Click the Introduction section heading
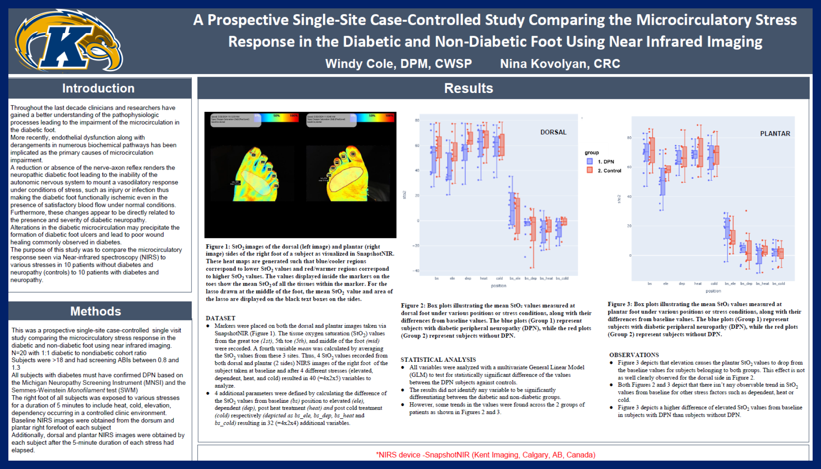click(98, 88)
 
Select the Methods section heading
click(96, 311)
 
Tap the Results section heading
click(468, 88)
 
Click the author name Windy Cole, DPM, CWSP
click(398, 64)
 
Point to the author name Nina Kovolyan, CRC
click(560, 64)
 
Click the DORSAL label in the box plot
click(553, 132)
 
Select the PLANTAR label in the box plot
click(775, 134)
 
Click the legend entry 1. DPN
click(605, 162)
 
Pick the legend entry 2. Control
click(609, 170)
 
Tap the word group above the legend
click(591, 153)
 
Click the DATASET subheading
click(220, 318)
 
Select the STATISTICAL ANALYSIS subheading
click(438, 360)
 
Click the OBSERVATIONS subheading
click(634, 355)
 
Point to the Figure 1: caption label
click(218, 247)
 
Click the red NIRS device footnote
click(485, 455)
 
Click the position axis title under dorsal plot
click(498, 286)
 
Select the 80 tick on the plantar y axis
click(629, 138)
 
